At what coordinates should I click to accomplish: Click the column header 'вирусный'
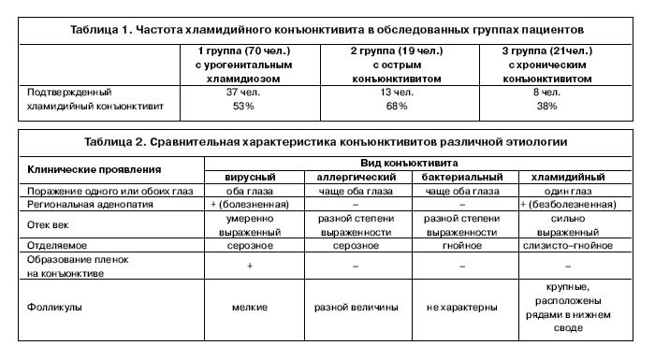coord(249,177)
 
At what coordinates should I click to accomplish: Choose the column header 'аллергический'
coord(356,177)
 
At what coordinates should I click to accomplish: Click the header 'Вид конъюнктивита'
coord(410,163)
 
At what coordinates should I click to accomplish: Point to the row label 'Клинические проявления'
coord(94,169)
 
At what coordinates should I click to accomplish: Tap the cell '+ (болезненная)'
coord(249,203)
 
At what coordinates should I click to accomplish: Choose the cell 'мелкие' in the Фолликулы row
coord(249,306)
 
